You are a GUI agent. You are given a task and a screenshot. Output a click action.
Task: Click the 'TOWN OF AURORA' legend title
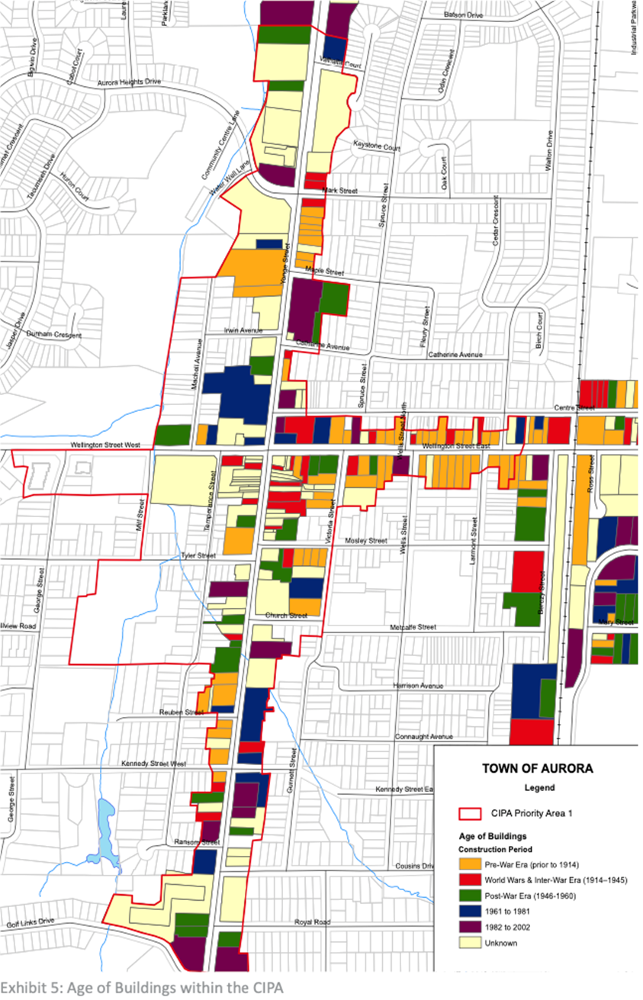click(538, 768)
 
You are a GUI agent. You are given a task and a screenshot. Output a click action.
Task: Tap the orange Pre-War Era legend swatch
click(471, 863)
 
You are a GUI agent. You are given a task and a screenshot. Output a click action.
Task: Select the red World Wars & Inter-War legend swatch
click(471, 879)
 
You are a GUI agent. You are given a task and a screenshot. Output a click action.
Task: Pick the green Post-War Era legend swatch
click(471, 895)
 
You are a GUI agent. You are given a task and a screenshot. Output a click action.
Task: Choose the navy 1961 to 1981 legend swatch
click(471, 912)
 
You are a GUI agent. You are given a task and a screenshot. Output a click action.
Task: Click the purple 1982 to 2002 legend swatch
click(471, 927)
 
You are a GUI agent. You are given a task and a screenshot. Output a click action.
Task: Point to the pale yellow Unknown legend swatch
click(471, 943)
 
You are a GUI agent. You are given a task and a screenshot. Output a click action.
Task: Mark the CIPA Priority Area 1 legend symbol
click(471, 813)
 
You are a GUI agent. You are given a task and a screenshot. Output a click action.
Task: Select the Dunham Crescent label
click(53, 335)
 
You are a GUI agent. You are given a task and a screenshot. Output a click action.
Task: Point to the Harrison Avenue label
click(418, 686)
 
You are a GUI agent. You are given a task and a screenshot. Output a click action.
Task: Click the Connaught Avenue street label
click(424, 738)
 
